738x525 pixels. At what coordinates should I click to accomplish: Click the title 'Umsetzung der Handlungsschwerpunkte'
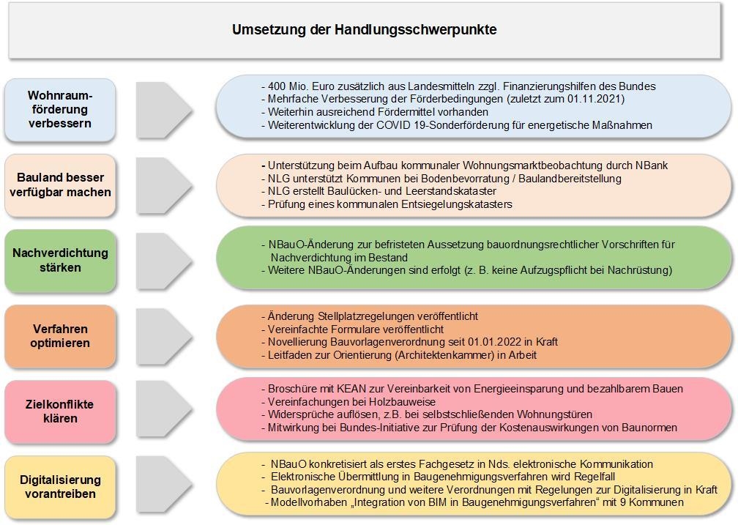coord(364,30)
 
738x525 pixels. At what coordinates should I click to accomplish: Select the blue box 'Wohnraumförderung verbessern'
coord(60,109)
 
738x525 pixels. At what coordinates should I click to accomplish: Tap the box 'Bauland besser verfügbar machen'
coord(60,185)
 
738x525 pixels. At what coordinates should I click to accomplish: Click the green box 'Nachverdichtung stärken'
coord(60,260)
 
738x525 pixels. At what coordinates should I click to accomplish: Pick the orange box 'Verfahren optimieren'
coord(60,335)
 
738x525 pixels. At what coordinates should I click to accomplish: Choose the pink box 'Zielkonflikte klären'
coord(60,411)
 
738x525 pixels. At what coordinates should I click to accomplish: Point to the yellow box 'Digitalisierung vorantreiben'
coord(60,486)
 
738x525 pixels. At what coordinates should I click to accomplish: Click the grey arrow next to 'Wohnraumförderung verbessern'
coord(163,109)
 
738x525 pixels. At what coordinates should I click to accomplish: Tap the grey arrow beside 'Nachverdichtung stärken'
coord(163,260)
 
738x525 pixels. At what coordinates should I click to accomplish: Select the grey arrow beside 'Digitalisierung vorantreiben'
coord(163,486)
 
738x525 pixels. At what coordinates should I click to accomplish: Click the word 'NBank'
coord(652,165)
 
